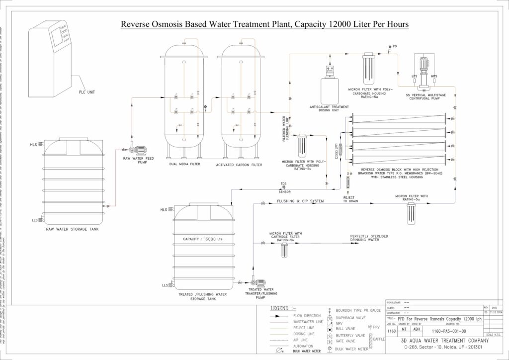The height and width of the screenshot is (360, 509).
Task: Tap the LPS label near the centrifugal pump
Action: (414, 76)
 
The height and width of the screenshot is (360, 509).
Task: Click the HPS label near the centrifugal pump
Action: (434, 76)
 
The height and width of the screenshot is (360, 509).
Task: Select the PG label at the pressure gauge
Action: (395, 46)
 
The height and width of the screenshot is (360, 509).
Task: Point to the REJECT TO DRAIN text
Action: (351, 199)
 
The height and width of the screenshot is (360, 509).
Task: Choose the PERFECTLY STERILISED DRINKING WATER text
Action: (369, 238)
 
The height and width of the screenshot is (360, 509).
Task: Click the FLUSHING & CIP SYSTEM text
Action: (300, 201)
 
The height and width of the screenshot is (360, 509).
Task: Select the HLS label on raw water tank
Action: (33, 145)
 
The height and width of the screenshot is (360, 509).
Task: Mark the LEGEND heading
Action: (283, 308)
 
